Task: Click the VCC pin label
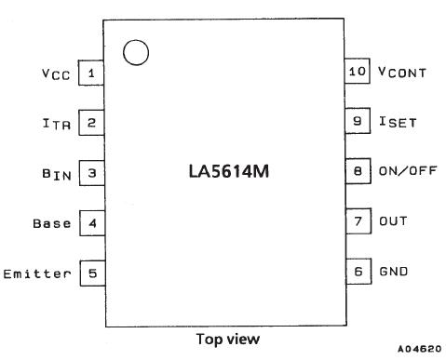click(57, 73)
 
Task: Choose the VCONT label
click(402, 72)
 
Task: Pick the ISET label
click(397, 122)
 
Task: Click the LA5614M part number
click(223, 173)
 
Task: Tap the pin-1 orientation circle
click(136, 53)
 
